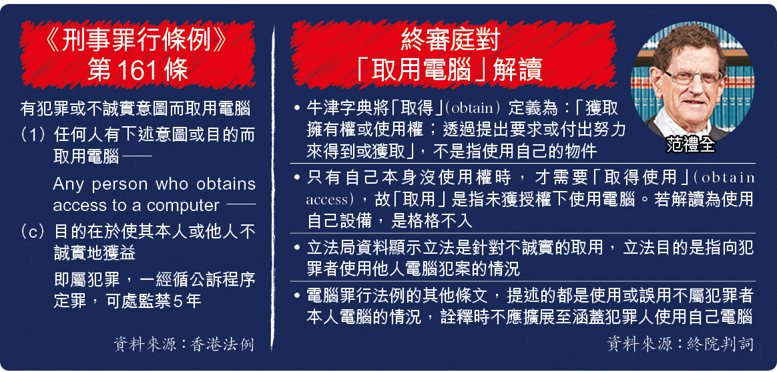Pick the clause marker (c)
tap(31, 230)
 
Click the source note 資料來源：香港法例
tap(184, 345)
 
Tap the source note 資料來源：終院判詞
tap(680, 345)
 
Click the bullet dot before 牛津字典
tap(296, 108)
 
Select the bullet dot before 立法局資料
tap(296, 247)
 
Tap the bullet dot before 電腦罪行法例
tap(296, 296)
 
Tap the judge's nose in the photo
tap(692, 87)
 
